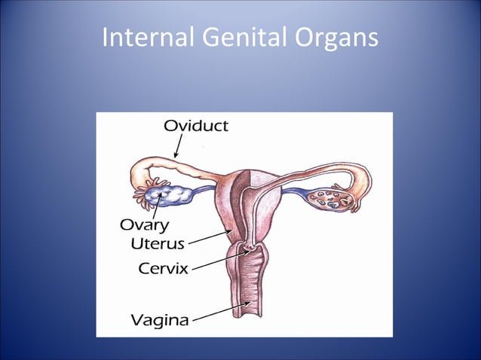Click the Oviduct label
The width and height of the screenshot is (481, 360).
[x=195, y=126]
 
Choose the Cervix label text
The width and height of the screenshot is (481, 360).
[x=163, y=267]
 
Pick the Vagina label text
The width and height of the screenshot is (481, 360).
[x=161, y=319]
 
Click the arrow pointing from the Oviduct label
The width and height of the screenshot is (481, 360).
[x=179, y=146]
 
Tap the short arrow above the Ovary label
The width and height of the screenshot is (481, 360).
[x=157, y=206]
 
